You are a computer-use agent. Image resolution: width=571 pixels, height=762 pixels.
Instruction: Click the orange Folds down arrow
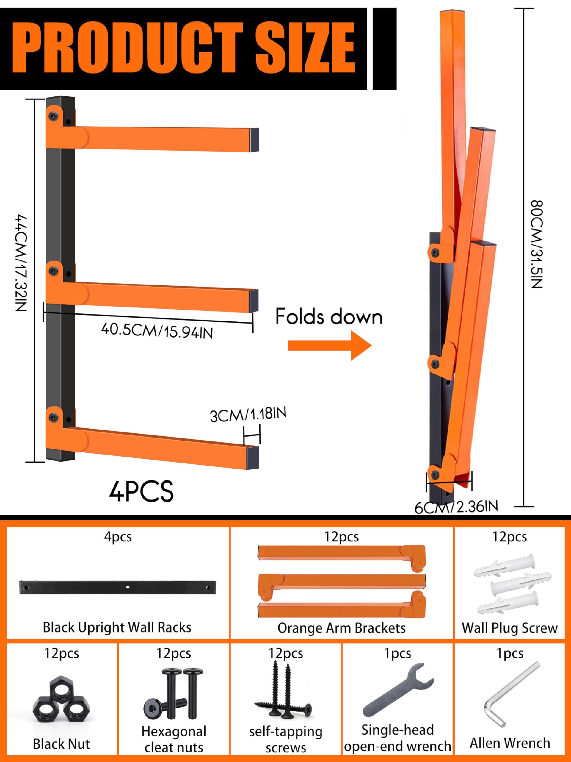(330, 345)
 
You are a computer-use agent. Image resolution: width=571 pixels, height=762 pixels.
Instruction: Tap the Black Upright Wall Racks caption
(117, 627)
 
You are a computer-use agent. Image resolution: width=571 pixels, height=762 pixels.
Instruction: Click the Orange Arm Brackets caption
(341, 628)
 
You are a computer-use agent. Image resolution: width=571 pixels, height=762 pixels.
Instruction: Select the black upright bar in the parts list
(118, 587)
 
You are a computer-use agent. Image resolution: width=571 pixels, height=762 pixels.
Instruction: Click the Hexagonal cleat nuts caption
(174, 739)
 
